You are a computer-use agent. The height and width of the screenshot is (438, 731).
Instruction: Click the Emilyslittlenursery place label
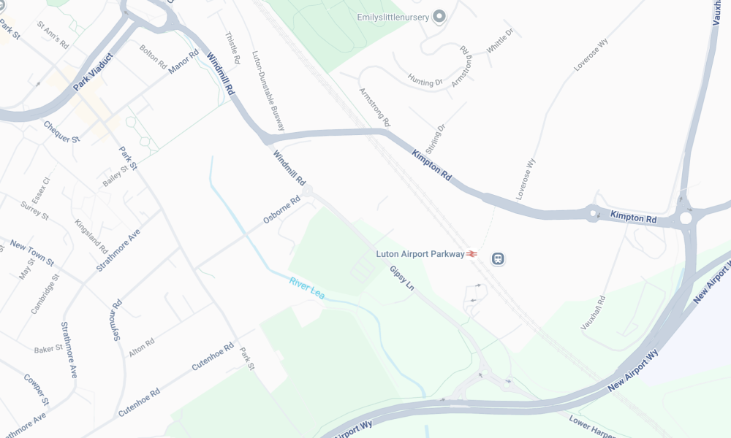coord(392,16)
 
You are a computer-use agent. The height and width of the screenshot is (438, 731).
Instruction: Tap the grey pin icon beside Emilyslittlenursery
coord(439,16)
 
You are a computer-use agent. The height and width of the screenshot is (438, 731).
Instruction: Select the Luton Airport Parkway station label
coord(420,254)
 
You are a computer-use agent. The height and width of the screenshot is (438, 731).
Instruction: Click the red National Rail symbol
coord(473,254)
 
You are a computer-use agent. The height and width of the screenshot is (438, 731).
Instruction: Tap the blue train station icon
coord(499,258)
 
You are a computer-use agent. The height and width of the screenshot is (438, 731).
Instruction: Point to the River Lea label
coord(306,288)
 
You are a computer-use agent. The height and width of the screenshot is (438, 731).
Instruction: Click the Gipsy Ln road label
coord(401,278)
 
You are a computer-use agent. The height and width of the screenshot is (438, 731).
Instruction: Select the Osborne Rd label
coord(282,210)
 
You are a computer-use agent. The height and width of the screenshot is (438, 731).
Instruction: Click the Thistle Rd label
coord(232,48)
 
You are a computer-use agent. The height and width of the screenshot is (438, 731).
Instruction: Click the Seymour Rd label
coord(115,320)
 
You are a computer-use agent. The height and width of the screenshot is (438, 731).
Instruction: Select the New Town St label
coord(32,252)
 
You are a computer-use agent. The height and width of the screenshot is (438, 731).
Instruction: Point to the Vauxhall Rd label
coord(594,313)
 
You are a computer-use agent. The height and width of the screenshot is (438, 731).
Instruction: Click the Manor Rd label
coord(183,62)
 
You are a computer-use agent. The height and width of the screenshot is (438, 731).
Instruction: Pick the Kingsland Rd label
coord(91,236)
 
